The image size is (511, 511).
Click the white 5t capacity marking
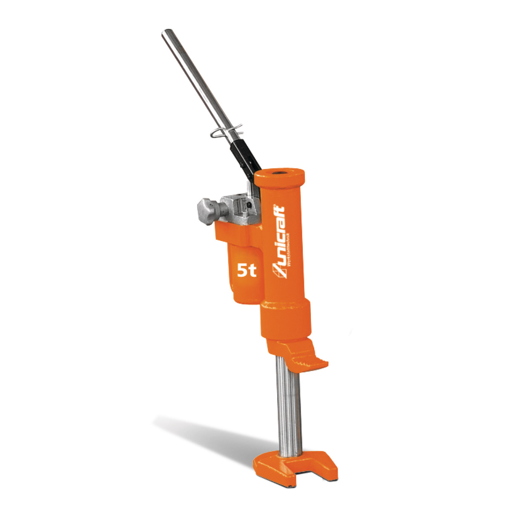coord(247,270)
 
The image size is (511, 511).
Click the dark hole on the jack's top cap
coord(281,173)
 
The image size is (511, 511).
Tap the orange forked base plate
coord(294,468)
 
